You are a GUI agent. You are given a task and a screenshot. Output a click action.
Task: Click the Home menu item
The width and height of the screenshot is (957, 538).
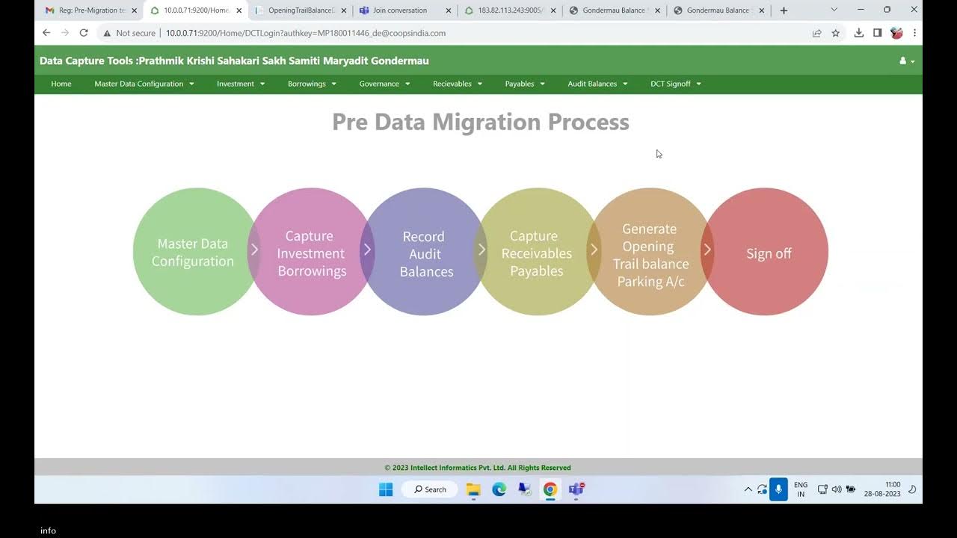click(x=61, y=84)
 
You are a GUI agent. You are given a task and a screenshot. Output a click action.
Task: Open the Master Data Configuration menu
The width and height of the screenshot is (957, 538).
click(x=144, y=84)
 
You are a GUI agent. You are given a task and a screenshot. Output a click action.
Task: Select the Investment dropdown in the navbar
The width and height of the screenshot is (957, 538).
click(x=240, y=84)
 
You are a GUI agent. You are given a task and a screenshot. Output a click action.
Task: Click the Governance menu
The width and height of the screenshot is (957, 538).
click(x=384, y=84)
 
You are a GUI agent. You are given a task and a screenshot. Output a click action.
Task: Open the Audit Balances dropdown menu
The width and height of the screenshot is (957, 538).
click(x=597, y=84)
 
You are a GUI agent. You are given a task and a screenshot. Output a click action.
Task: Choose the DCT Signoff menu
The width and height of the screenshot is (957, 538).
click(x=675, y=84)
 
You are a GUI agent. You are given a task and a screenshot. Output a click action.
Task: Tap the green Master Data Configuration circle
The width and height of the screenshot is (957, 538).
click(x=193, y=252)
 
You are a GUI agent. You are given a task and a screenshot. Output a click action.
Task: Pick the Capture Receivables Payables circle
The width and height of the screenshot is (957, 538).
click(x=536, y=253)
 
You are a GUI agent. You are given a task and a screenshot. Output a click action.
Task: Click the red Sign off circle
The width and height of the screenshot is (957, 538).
click(x=768, y=253)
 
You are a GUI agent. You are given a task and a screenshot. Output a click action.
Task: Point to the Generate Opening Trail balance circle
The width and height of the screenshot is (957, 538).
click(x=650, y=254)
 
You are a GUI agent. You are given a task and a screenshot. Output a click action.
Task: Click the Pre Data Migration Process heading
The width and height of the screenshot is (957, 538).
click(x=480, y=122)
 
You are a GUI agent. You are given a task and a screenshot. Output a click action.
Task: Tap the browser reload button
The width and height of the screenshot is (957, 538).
click(x=84, y=33)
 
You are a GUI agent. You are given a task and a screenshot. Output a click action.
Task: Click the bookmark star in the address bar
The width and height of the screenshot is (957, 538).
click(x=836, y=33)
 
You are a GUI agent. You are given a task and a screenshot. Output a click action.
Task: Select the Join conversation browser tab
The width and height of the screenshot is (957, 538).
click(x=400, y=10)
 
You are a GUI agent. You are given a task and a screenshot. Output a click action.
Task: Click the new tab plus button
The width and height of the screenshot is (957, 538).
click(x=784, y=10)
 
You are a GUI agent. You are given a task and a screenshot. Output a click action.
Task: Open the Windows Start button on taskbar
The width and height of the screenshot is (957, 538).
click(x=386, y=489)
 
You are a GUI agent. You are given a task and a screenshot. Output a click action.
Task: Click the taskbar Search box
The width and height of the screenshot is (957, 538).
click(x=431, y=489)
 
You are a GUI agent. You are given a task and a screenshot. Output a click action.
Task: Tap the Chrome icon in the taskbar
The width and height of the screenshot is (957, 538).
click(x=550, y=489)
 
